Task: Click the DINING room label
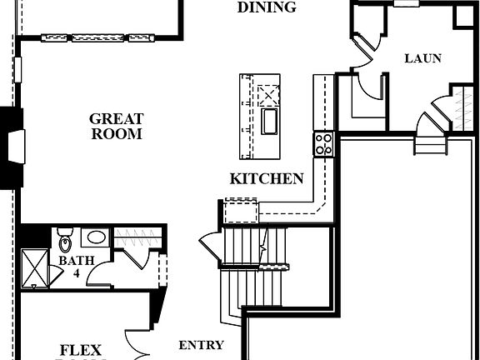click(267, 7)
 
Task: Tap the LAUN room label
click(422, 58)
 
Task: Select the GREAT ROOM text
click(116, 127)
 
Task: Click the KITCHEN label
click(267, 178)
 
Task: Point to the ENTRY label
click(202, 345)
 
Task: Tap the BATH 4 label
click(71, 266)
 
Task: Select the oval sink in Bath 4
click(97, 237)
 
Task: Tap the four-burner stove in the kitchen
click(323, 144)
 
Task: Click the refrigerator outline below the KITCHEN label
click(241, 210)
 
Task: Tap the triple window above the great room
click(97, 37)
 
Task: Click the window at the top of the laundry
click(406, 3)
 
